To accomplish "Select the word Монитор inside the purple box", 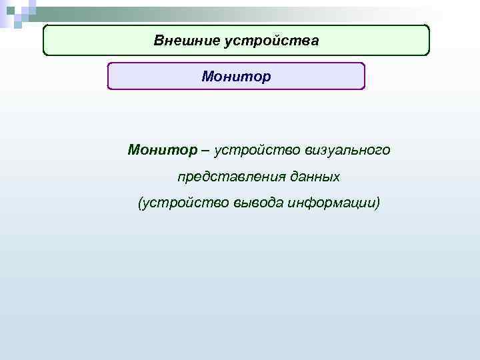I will coord(237,77).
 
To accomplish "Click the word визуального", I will coord(349,150).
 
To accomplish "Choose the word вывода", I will coord(258,203).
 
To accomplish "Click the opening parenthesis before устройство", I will coord(140,203).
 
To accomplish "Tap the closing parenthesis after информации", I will coord(377,203).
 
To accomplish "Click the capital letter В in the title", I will coord(159,41).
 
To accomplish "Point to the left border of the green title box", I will coord(44,41).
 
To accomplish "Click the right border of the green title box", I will coord(429,41).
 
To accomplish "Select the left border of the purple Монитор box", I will coord(108,77).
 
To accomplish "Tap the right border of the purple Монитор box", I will coord(365,77).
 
